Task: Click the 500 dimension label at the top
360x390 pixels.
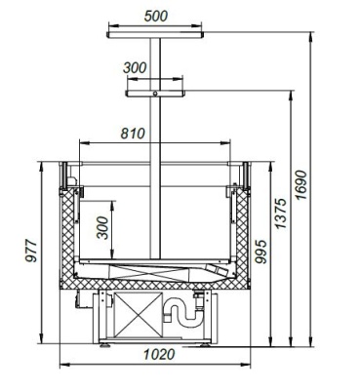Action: click(156, 16)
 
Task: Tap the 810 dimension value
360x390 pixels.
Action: click(133, 134)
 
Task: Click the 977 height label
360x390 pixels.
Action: click(31, 251)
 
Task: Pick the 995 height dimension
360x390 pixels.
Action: click(260, 252)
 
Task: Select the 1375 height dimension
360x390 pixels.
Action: click(280, 214)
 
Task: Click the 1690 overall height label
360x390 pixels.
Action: click(300, 185)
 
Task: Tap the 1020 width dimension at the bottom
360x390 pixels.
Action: click(159, 354)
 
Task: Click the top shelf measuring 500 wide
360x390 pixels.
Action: click(155, 35)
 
